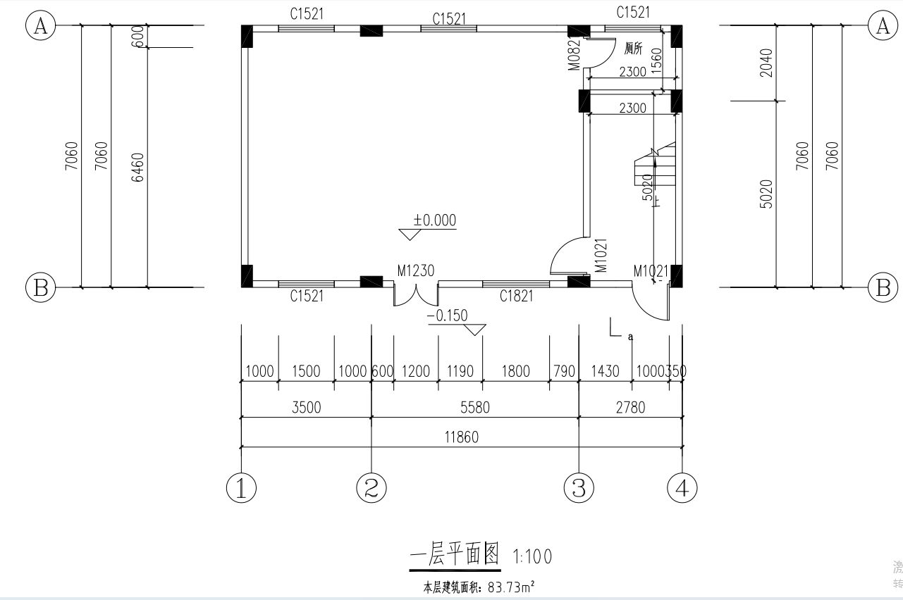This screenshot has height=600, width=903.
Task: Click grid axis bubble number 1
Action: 241,488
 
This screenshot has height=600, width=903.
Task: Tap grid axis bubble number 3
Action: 579,488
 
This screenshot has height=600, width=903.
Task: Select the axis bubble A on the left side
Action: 40,26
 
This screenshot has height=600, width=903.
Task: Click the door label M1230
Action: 415,270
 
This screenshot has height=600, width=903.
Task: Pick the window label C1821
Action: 516,296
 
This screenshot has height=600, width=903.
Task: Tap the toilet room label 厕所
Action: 634,49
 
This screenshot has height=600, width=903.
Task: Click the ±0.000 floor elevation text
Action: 434,220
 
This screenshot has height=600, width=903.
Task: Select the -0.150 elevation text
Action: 447,315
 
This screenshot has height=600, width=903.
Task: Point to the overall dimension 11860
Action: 461,437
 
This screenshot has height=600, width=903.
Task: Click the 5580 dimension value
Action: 474,407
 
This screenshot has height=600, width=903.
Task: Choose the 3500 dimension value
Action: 306,407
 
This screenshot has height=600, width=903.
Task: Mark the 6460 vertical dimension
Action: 138,168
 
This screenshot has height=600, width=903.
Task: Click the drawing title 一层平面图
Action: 455,556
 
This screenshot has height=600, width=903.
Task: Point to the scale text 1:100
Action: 532,557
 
